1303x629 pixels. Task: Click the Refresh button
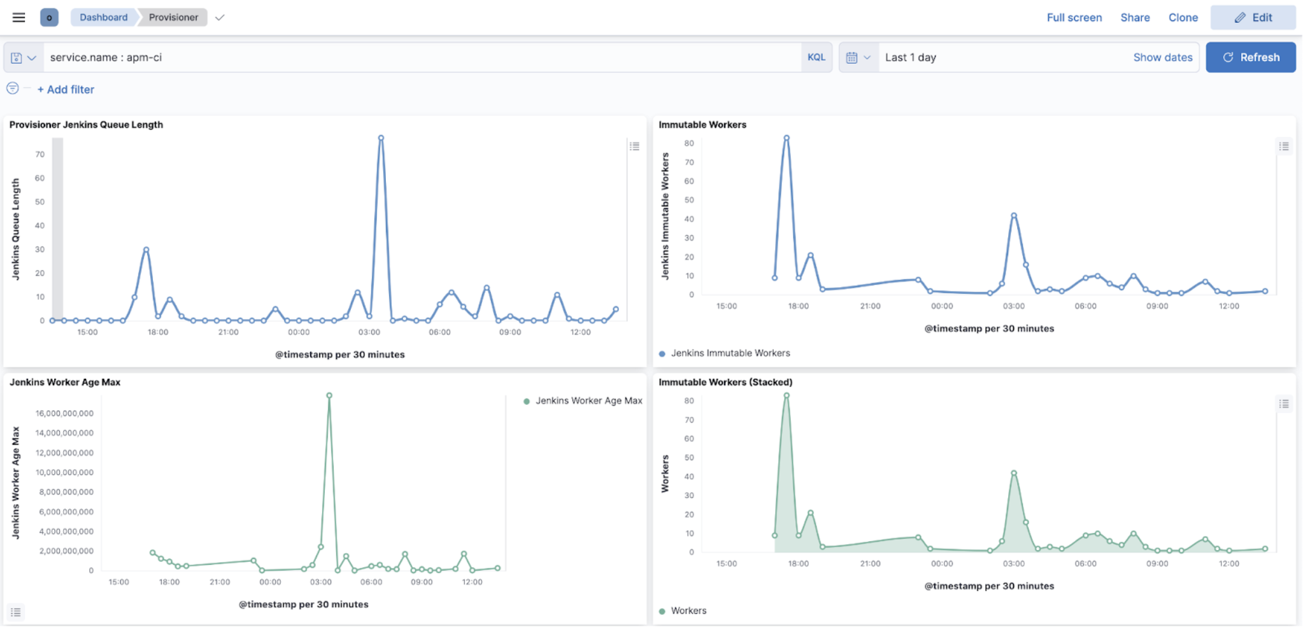(1250, 57)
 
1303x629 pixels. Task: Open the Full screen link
(1074, 18)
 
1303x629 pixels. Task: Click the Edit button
(1253, 18)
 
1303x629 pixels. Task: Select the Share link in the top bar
(1135, 18)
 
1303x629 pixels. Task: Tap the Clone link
(1183, 18)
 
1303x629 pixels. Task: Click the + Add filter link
(66, 90)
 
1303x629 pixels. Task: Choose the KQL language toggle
(816, 57)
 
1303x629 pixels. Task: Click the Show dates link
(1162, 57)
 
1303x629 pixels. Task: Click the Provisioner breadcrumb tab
(173, 17)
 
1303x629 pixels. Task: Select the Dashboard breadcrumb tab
(103, 17)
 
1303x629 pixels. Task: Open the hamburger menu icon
(19, 17)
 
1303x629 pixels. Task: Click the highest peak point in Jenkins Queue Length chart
(381, 138)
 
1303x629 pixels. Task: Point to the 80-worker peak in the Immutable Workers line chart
(787, 138)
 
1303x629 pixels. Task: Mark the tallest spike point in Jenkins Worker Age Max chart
(329, 395)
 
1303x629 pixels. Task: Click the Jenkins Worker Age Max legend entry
(588, 400)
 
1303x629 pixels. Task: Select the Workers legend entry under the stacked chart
(688, 611)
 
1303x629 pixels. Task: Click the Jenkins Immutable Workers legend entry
(730, 353)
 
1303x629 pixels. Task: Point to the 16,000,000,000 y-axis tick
(64, 413)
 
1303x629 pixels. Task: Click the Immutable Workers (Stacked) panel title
(725, 382)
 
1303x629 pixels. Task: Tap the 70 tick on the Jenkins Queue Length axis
(40, 154)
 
